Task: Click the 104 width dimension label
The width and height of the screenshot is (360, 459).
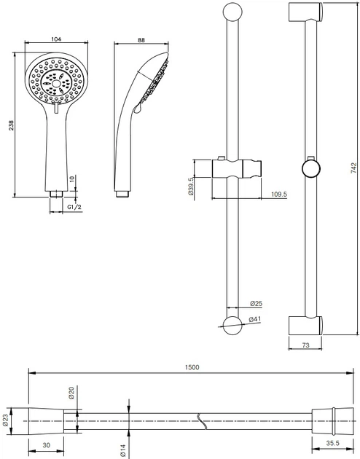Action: pyautogui.click(x=56, y=39)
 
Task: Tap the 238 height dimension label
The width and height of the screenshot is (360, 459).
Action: pyautogui.click(x=11, y=125)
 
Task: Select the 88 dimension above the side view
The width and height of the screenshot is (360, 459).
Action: pyautogui.click(x=141, y=40)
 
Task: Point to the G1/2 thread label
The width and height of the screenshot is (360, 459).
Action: pyautogui.click(x=74, y=207)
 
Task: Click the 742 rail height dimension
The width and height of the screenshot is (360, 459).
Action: pyautogui.click(x=354, y=168)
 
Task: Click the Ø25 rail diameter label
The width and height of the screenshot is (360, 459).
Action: pyautogui.click(x=256, y=304)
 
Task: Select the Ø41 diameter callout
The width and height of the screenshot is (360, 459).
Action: pyautogui.click(x=254, y=319)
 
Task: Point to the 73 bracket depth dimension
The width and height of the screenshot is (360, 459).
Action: pyautogui.click(x=305, y=345)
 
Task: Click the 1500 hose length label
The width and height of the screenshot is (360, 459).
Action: pyautogui.click(x=192, y=367)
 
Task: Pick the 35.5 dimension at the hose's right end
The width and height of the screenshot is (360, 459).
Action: pyautogui.click(x=332, y=443)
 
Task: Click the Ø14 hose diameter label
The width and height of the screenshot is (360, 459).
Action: pyautogui.click(x=122, y=450)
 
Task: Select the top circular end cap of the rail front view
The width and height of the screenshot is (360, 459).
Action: pyautogui.click(x=232, y=12)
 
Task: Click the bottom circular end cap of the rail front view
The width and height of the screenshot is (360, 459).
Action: pyautogui.click(x=232, y=326)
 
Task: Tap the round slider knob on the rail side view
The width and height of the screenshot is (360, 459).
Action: pyautogui.click(x=311, y=168)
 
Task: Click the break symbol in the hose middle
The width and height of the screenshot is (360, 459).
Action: pyautogui.click(x=203, y=421)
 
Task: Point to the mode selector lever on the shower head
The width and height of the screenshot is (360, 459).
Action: pyautogui.click(x=57, y=108)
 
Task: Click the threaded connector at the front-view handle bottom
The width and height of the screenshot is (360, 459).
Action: pyautogui.click(x=56, y=194)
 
